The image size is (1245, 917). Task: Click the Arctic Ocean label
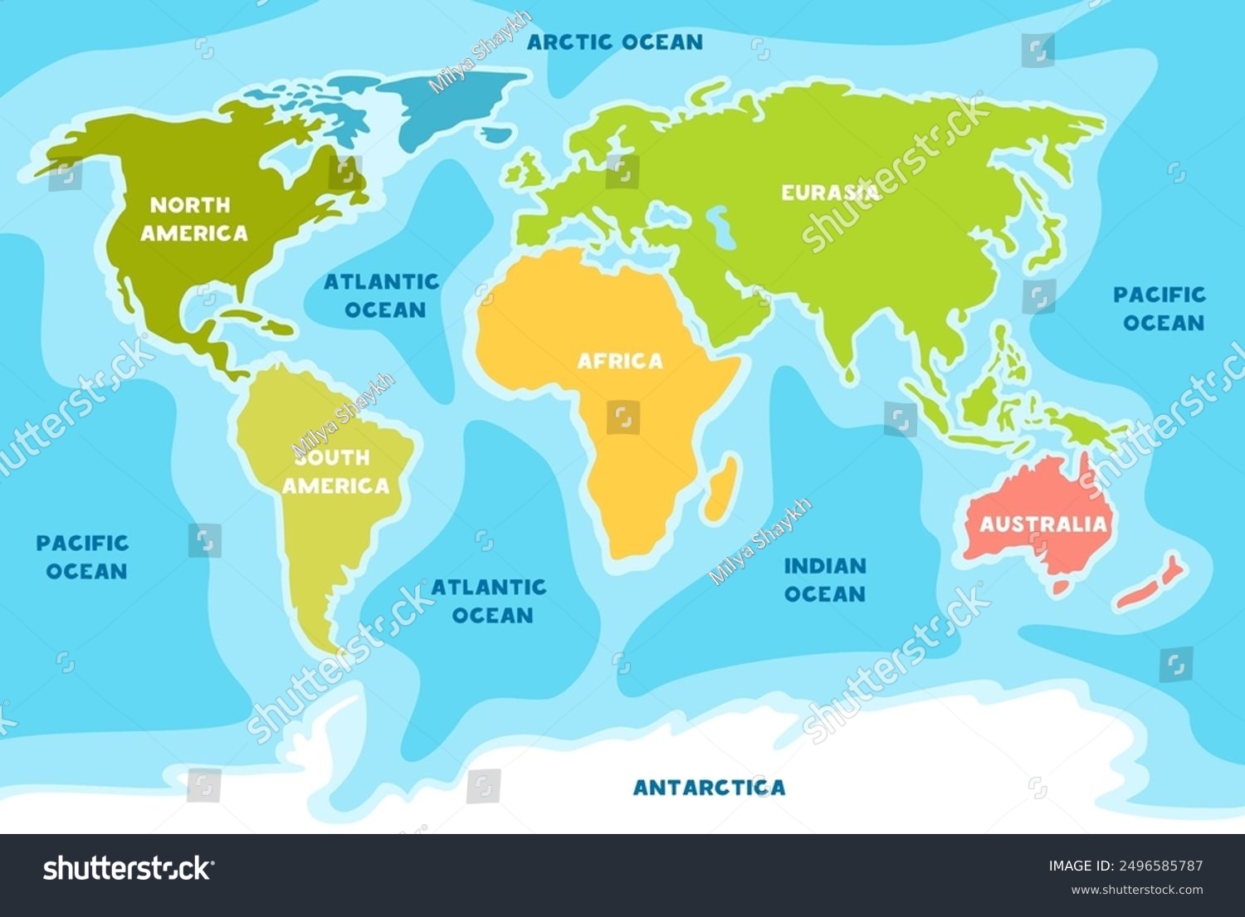[x=615, y=41]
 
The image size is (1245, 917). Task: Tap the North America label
[x=193, y=219]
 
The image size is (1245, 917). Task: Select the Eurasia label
[x=829, y=193]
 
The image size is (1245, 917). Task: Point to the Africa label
[x=620, y=361]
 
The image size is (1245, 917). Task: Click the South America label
[x=335, y=471]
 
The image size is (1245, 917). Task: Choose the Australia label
[x=1043, y=524]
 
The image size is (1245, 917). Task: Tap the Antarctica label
[x=709, y=787]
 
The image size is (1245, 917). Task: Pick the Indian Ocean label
[x=825, y=579]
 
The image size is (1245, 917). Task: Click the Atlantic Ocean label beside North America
[x=382, y=295]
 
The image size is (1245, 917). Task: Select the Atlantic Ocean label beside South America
[x=489, y=601]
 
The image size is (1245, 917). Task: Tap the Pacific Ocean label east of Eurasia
[x=1160, y=308]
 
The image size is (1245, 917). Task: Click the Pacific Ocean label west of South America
[x=83, y=557]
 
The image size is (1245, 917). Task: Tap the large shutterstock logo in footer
[x=128, y=869]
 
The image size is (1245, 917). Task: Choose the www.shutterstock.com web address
[x=1136, y=890]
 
